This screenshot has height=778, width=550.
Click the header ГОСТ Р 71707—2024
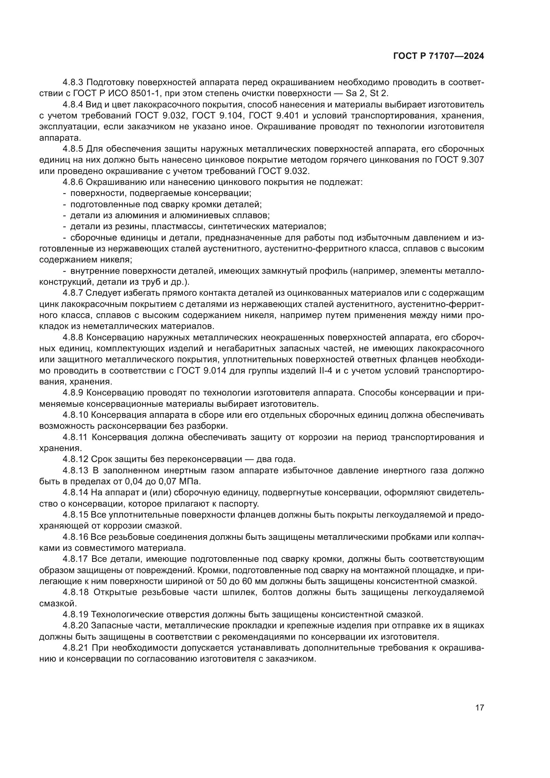click(438, 56)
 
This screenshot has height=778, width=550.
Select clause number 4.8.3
click(73, 82)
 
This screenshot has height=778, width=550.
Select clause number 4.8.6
click(73, 182)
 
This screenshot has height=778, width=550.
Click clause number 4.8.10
click(75, 415)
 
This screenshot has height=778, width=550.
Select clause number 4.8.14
click(75, 493)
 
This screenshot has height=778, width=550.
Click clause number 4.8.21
click(75, 648)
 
